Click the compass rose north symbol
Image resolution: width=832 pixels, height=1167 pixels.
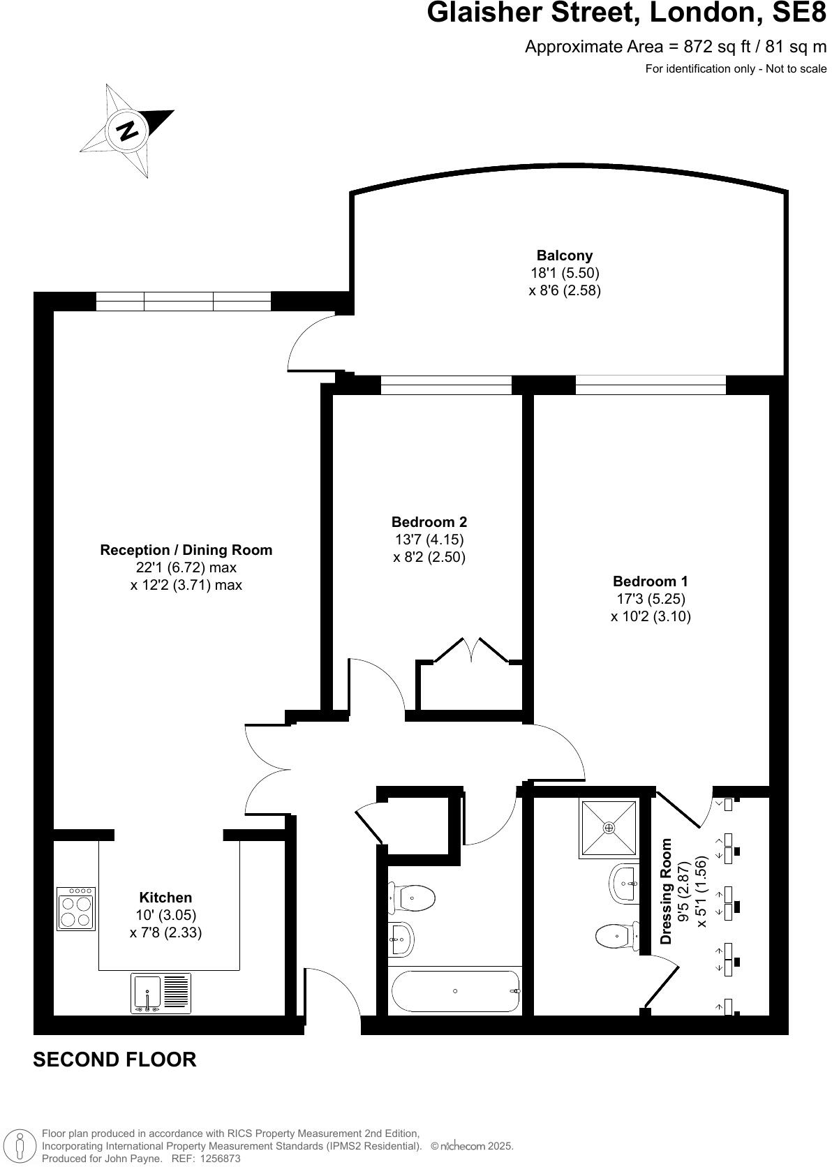click(127, 130)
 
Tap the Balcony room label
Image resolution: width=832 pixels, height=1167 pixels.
click(564, 255)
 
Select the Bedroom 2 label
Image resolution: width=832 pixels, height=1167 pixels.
click(429, 522)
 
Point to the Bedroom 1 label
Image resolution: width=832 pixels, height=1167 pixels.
click(650, 581)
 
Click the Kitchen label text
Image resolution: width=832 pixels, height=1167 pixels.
click(165, 898)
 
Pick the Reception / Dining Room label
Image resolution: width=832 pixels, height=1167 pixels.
click(186, 550)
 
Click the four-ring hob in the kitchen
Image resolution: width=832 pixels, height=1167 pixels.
click(76, 909)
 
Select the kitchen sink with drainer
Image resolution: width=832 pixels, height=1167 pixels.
click(161, 994)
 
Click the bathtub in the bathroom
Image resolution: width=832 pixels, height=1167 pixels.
click(456, 991)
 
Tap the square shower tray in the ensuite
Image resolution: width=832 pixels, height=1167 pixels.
click(609, 828)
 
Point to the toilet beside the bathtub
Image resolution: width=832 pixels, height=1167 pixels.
click(413, 898)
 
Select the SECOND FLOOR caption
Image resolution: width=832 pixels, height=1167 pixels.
click(114, 1060)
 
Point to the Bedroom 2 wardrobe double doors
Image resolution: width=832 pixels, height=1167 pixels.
click(472, 651)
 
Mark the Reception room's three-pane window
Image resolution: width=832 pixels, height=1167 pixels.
click(183, 301)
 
